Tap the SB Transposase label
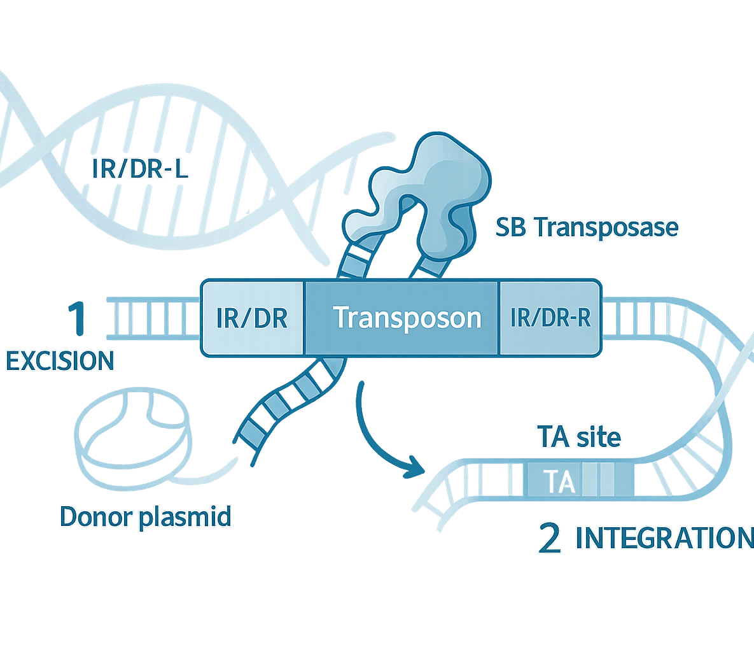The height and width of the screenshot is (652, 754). pos(587,227)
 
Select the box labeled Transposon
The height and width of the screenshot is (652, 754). pos(407,317)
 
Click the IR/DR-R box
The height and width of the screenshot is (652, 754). pos(550,317)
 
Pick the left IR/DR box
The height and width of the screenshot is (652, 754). pos(252,317)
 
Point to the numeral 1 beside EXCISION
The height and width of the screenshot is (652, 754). pos(78,319)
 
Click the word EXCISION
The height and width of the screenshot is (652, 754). pos(60,361)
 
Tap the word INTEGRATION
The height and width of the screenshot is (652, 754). pos(664,539)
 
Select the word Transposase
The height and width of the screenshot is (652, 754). pos(605,227)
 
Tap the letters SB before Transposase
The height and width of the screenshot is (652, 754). pos(511,227)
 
